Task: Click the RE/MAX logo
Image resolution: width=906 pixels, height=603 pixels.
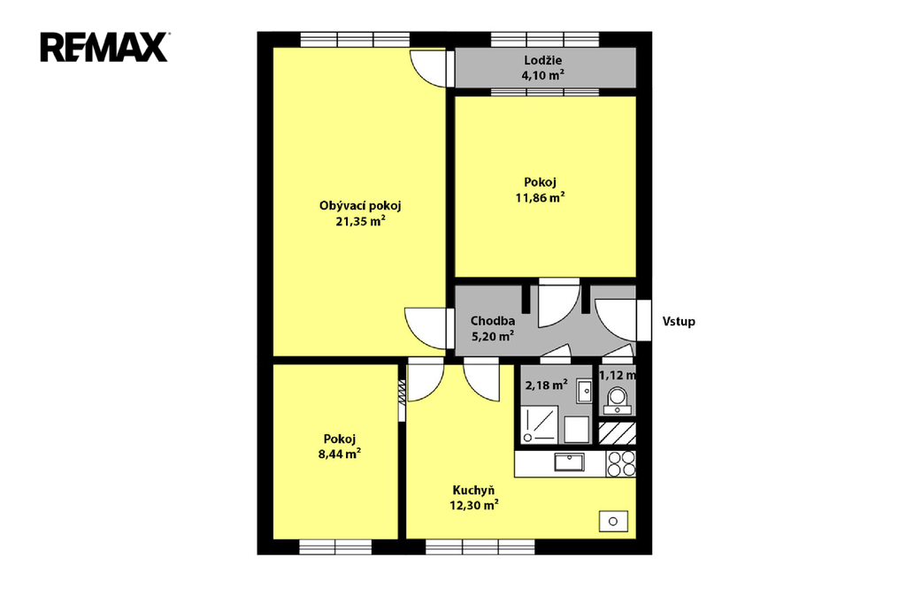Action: coord(104,48)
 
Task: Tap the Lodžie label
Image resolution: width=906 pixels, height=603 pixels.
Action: coord(542,60)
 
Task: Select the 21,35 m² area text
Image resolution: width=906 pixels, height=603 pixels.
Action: coord(360,221)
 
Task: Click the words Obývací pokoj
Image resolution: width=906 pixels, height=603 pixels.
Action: coord(360,206)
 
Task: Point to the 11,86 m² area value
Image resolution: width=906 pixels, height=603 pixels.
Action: coord(540,197)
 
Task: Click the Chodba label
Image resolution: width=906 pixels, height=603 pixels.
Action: coord(492,321)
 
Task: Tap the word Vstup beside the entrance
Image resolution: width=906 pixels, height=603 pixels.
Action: coord(679,322)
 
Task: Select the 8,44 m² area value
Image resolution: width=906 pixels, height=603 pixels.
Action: coord(339,454)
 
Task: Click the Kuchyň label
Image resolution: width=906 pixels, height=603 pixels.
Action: coord(473,491)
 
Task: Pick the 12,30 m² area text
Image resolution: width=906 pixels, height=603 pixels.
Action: coord(474,506)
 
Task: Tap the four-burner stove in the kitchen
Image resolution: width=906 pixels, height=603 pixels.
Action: coord(621,464)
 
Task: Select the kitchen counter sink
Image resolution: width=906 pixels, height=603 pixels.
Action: coord(569,462)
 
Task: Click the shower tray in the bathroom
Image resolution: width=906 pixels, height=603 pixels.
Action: coord(539,424)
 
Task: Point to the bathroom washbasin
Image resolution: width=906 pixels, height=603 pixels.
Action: coord(585,391)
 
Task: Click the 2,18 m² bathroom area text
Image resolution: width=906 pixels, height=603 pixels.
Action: coord(546,385)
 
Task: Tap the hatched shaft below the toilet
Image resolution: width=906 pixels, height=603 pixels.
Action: coord(617,432)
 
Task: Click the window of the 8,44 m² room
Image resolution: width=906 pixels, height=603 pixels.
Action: coord(335,547)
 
